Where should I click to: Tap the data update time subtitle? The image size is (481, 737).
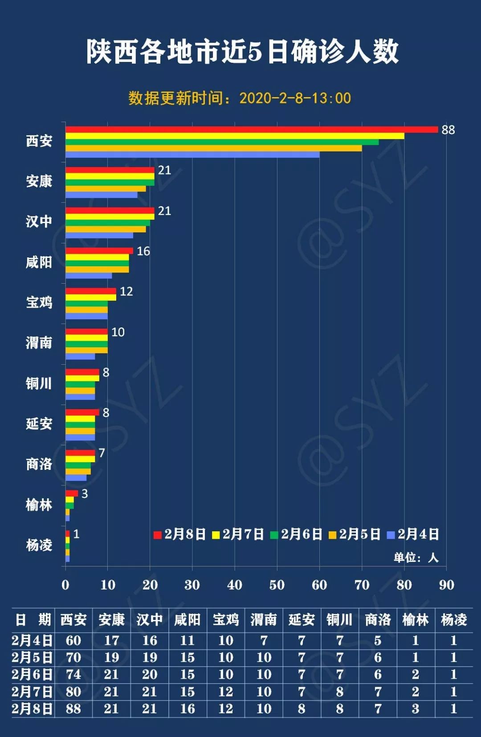click(240, 98)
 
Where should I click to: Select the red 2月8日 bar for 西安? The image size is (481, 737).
click(252, 130)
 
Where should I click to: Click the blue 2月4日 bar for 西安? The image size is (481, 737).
click(192, 155)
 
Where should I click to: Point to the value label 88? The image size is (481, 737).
click(448, 130)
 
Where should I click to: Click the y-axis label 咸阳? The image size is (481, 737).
click(39, 262)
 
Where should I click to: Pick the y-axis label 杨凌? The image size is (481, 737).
click(39, 545)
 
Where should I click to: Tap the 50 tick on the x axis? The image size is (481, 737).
click(277, 585)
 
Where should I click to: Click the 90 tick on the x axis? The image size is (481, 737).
click(446, 585)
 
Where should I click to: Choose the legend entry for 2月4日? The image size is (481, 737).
click(413, 534)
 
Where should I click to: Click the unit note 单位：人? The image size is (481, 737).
click(416, 558)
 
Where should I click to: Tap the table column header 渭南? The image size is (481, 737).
click(264, 619)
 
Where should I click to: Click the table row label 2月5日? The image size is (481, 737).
click(32, 657)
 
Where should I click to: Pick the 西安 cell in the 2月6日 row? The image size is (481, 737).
click(73, 675)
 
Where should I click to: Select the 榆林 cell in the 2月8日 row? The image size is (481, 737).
click(415, 708)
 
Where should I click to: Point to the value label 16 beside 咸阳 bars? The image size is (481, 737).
click(143, 251)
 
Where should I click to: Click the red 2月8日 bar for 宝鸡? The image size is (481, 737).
click(91, 291)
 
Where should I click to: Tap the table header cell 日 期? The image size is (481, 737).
click(33, 619)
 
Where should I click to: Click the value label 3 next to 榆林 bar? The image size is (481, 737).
click(85, 494)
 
